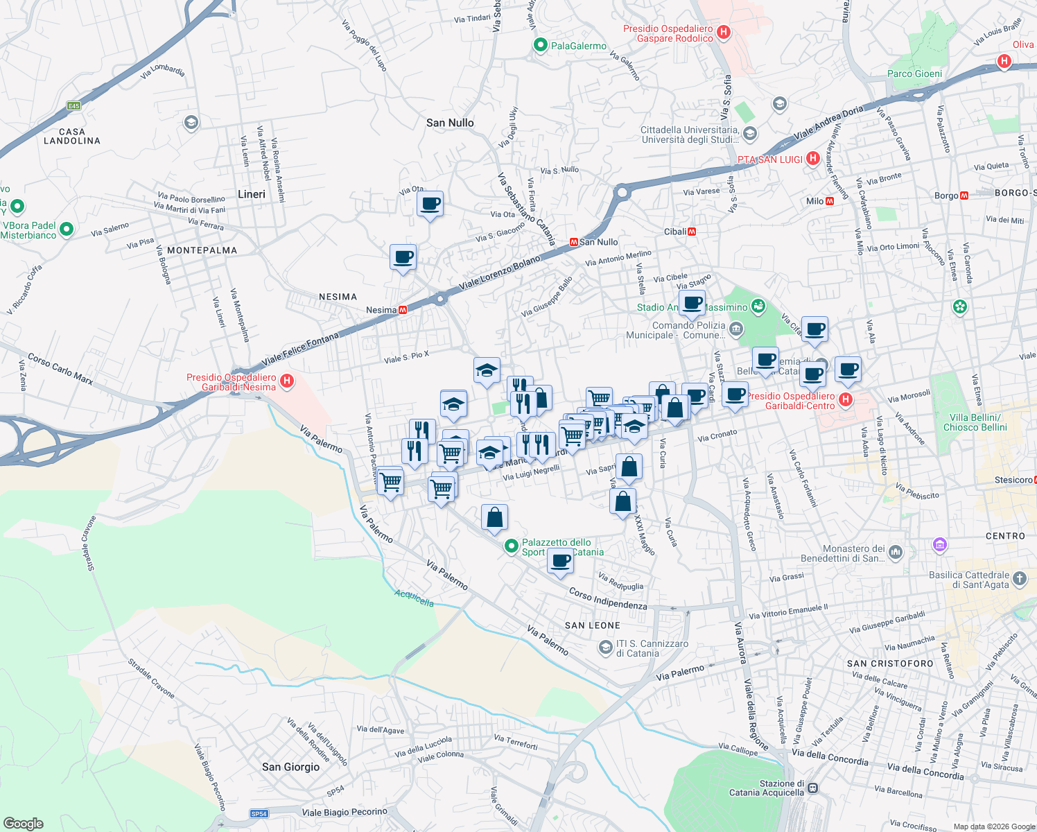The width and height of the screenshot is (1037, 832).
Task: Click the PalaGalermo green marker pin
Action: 541,45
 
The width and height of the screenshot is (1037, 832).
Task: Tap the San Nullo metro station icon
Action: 574,242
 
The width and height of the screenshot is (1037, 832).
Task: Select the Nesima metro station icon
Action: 403,310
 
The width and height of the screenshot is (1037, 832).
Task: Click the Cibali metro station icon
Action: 692,232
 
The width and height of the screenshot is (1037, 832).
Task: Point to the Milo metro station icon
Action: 830,201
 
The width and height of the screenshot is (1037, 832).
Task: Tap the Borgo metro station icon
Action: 964,196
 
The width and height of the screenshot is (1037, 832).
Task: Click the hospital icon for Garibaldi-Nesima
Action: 286,381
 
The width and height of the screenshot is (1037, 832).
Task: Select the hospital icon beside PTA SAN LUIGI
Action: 814,159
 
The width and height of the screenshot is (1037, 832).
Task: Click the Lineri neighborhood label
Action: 252,194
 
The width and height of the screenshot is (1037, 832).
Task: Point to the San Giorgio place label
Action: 290,767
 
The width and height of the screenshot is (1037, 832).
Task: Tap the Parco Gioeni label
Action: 914,73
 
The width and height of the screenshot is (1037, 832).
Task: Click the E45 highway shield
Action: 73,106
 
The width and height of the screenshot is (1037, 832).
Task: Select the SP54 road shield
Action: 259,813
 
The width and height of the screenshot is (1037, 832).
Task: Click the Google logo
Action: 24,824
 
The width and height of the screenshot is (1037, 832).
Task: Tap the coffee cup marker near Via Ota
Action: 430,204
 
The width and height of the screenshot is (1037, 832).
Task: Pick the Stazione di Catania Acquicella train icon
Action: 813,788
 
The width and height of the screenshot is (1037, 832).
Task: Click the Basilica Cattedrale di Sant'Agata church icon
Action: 1019,578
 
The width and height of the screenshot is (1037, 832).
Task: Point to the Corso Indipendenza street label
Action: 608,598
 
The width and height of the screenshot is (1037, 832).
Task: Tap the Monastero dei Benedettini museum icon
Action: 896,552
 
